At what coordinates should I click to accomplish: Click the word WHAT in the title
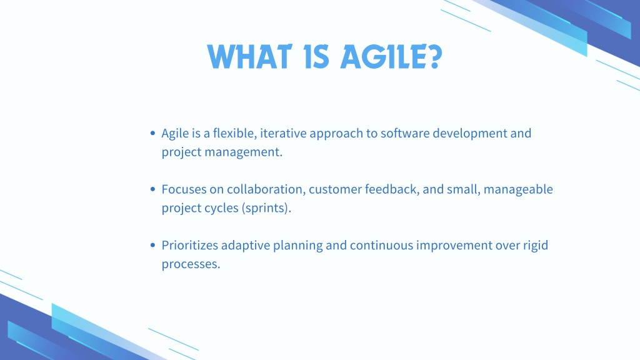pos(249,57)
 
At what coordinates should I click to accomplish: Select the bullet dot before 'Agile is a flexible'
pos(152,133)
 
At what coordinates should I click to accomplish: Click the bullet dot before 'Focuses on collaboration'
pos(152,189)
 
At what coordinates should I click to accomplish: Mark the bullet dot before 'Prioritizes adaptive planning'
pos(152,245)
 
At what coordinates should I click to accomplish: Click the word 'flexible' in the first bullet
pos(235,133)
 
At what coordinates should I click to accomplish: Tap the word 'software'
pos(405,133)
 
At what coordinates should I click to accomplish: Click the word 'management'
pos(243,152)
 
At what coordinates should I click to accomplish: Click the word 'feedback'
pos(392,189)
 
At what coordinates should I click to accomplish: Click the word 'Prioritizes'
pos(190,245)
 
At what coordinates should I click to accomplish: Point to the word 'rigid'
pos(536,246)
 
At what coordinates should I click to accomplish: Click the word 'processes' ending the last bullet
pos(191,264)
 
